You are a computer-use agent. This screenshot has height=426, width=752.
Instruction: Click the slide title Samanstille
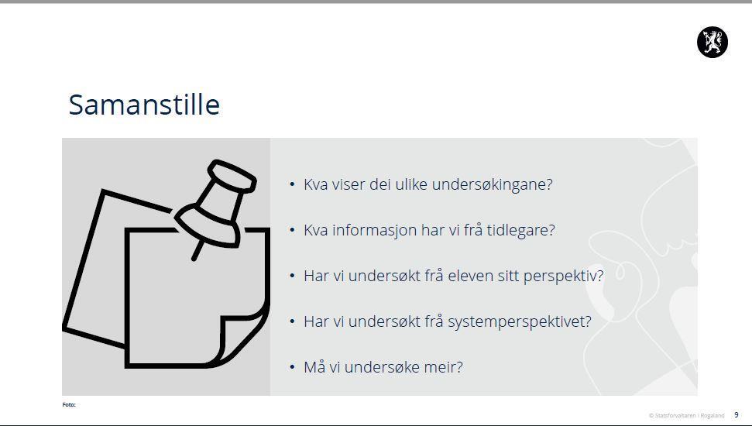144,105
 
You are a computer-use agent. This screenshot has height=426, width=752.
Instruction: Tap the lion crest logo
713,43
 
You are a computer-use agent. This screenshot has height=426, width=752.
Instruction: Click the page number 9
737,415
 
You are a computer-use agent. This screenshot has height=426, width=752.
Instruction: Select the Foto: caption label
69,405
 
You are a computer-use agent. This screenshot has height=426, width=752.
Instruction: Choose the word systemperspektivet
516,322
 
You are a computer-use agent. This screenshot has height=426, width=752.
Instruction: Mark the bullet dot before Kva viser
292,184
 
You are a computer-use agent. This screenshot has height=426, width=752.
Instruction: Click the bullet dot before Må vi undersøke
292,367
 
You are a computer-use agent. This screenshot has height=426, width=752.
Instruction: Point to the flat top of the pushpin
232,176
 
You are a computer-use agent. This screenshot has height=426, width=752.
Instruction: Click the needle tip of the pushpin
194,259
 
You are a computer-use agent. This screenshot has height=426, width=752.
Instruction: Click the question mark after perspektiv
599,276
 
